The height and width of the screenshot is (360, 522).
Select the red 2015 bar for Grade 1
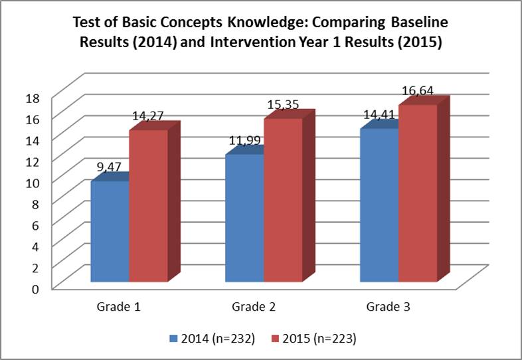(148, 206)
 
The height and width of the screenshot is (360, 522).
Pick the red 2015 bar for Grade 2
(283, 200)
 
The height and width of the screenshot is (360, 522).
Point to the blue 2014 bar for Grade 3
(379, 205)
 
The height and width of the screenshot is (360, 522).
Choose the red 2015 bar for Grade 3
(418, 193)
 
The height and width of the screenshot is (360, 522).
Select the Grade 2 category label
(253, 308)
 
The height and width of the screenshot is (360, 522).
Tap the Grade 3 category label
(388, 308)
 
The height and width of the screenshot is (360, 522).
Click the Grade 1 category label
(118, 308)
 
